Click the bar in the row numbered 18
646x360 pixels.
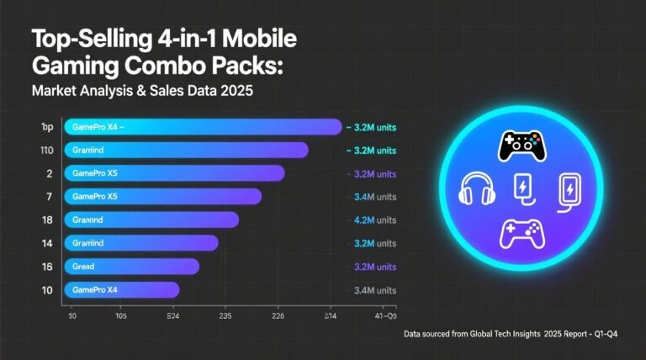[151, 220]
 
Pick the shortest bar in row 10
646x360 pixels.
[122, 289]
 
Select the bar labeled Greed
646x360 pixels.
[131, 266]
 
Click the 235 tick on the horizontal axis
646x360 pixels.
[226, 317]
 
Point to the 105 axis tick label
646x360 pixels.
[121, 317]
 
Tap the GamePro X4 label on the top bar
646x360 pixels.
[97, 127]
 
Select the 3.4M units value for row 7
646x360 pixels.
[370, 197]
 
